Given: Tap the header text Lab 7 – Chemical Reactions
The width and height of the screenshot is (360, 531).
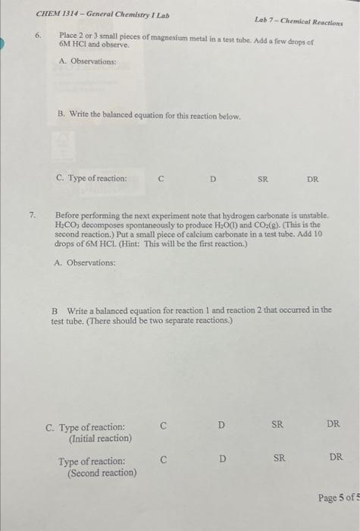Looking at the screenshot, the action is tap(298, 23).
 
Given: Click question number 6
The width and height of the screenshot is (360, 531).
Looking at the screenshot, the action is tap(37, 36).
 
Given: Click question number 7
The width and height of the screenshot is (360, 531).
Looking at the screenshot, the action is tap(32, 215).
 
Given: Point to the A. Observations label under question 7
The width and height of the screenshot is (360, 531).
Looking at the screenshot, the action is tap(86, 262).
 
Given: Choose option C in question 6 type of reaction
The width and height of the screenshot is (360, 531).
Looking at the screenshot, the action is tap(161, 180).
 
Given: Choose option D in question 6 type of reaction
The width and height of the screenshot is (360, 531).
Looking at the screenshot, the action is tap(213, 180).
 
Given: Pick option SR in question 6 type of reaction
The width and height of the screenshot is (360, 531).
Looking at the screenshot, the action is tap(262, 180).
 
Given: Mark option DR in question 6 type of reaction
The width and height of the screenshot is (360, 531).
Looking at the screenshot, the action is tap(312, 180).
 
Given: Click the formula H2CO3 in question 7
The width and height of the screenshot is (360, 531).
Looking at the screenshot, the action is tap(69, 225).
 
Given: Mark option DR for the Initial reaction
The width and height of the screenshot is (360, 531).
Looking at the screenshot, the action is tap(333, 424).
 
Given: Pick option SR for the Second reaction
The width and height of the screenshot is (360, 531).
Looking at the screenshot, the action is tap(279, 457).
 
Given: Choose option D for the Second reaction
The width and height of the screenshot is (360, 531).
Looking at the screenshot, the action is tap(222, 458).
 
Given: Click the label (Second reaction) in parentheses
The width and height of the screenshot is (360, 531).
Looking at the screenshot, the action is tap(102, 473).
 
